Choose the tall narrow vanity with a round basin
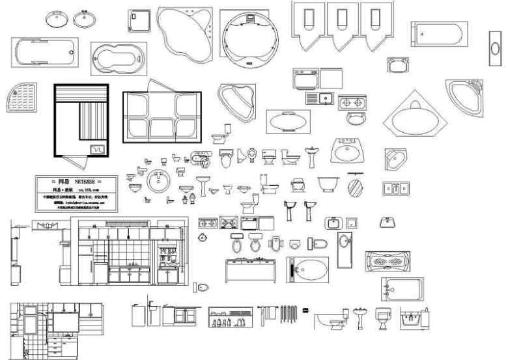pos(345,249)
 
